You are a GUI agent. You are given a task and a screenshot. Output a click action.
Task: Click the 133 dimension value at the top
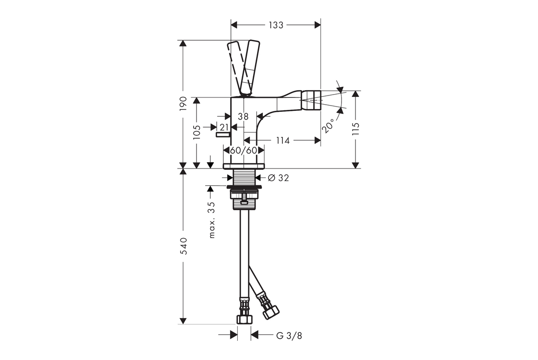click(276, 24)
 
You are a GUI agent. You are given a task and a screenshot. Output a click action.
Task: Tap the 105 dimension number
click(196, 132)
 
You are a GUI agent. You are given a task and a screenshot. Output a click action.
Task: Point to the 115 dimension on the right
click(355, 129)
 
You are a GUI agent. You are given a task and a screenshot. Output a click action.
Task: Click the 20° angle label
click(329, 125)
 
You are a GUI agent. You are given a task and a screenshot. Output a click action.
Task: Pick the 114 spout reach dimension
click(283, 140)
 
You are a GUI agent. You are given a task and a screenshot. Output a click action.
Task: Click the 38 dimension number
click(243, 117)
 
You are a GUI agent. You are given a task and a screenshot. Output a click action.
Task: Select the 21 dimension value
click(224, 127)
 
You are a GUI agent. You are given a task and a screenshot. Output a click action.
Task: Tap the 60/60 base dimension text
click(244, 150)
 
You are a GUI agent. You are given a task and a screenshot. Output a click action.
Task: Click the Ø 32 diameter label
click(278, 178)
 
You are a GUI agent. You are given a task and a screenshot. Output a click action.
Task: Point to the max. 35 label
click(211, 219)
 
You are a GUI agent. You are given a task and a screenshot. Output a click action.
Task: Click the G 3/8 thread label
click(289, 336)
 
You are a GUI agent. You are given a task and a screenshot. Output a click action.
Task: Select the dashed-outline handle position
click(237, 69)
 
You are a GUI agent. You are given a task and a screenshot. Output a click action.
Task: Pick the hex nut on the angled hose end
click(271, 312)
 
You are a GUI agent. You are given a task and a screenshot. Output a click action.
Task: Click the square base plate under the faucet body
click(244, 166)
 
